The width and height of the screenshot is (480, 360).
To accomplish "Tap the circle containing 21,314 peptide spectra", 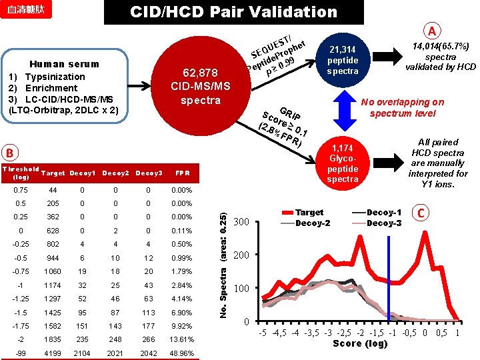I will (343, 61).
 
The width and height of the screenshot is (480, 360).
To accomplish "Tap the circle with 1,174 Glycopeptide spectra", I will (343, 163).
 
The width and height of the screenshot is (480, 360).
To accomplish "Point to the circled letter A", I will (433, 31).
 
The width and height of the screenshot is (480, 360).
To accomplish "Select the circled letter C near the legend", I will (420, 213).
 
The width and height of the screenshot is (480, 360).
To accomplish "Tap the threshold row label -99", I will (21, 353).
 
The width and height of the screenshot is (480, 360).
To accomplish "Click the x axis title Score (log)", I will (360, 343).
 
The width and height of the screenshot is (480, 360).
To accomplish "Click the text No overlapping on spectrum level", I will (401, 107).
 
